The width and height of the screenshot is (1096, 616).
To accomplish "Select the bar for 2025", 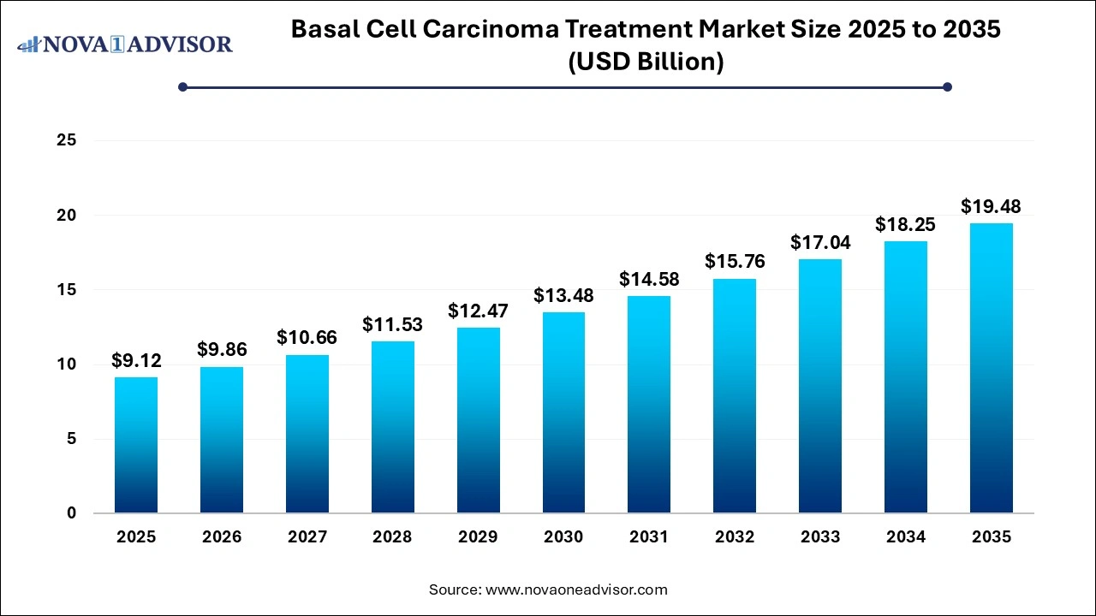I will [x=136, y=445].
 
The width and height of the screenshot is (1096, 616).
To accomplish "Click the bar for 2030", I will [x=563, y=412].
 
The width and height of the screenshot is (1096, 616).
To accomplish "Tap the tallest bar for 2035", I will [x=992, y=368].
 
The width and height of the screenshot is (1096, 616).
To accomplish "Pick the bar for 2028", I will [x=392, y=427].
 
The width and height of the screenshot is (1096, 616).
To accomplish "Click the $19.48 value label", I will [x=991, y=206].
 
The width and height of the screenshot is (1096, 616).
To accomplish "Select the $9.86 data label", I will [x=221, y=350].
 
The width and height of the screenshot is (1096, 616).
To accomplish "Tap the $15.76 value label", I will [x=735, y=262].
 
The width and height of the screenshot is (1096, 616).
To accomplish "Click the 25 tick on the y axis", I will [x=68, y=140].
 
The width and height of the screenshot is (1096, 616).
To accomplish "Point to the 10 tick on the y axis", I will [x=68, y=364].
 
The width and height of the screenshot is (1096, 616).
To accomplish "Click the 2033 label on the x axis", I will [x=820, y=537].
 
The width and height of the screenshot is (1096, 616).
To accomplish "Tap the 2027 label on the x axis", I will [x=307, y=537].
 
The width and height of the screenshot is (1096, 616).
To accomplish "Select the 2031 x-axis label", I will [x=649, y=537].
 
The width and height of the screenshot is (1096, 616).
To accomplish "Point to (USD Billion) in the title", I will [x=646, y=62].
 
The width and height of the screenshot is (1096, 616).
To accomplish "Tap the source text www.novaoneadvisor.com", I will [x=575, y=589].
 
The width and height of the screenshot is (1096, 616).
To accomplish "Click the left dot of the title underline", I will [x=182, y=86].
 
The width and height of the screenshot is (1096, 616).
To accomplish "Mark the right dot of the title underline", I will [x=947, y=86].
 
